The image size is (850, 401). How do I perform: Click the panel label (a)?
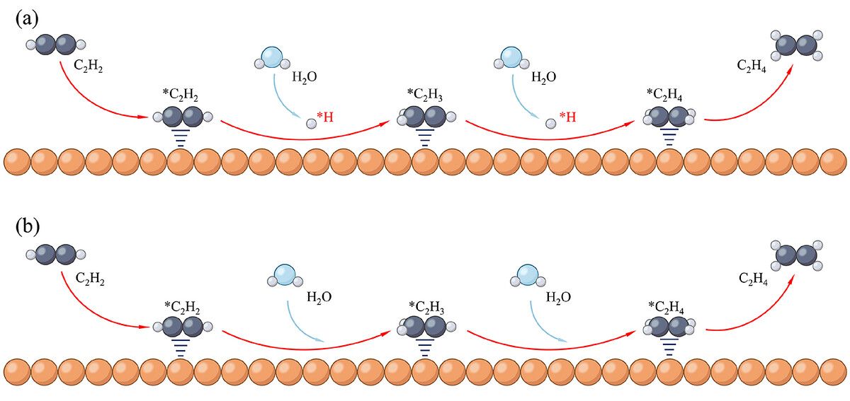pyautogui.click(x=27, y=18)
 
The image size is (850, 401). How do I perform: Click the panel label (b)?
pyautogui.click(x=28, y=226)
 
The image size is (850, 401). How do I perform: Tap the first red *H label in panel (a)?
pyautogui.click(x=325, y=117)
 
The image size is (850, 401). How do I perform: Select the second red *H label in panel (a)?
pyautogui.click(x=568, y=117)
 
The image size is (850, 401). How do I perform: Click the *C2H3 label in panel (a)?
pyautogui.click(x=424, y=95)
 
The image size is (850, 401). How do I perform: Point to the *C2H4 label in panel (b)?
pyautogui.click(x=667, y=308)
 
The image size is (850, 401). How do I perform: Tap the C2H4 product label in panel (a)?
pyautogui.click(x=752, y=66)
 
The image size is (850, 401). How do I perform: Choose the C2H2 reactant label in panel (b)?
pyautogui.click(x=90, y=279)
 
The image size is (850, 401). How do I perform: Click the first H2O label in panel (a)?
pyautogui.click(x=305, y=77)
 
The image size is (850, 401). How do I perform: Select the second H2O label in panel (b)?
pyautogui.click(x=558, y=297)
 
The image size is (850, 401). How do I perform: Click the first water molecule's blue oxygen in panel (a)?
pyautogui.click(x=272, y=57)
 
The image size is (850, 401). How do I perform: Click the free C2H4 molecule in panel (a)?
pyautogui.click(x=796, y=45)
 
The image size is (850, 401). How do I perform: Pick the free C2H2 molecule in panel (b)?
pyautogui.click(x=56, y=255)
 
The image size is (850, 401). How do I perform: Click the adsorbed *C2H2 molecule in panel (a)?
pyautogui.click(x=183, y=117)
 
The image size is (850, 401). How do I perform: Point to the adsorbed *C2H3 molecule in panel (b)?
pyautogui.click(x=426, y=327)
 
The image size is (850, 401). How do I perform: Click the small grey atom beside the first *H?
pyautogui.click(x=311, y=124)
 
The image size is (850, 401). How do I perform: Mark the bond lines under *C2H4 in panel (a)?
pyautogui.click(x=669, y=137)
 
